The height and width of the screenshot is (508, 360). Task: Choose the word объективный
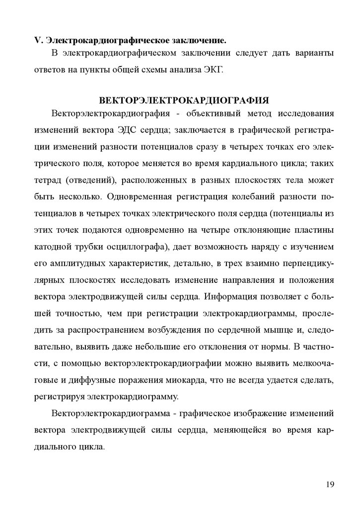(216, 114)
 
